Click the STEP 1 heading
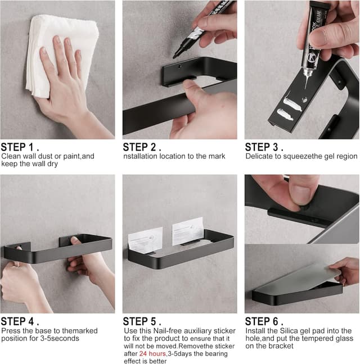click(x=20, y=147)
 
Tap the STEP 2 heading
click(x=142, y=147)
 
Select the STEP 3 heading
click(x=264, y=147)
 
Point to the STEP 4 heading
click(x=20, y=322)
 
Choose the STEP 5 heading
click(x=142, y=322)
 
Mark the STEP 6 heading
click(x=264, y=322)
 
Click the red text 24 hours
click(x=152, y=354)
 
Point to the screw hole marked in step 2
click(x=179, y=67)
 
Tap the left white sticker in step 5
click(x=145, y=240)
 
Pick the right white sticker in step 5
click(x=188, y=231)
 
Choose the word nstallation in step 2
click(x=141, y=156)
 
